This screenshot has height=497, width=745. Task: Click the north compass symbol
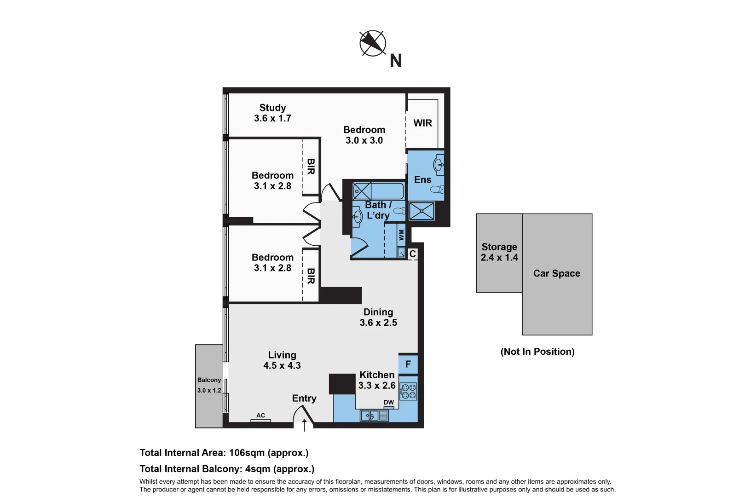click(x=372, y=43)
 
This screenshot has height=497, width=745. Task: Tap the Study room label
click(x=272, y=108)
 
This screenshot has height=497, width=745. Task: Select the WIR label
click(x=422, y=123)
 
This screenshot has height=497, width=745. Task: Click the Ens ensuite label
click(x=422, y=180)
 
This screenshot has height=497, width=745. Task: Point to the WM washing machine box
click(x=401, y=235)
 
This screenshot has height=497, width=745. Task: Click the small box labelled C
click(x=413, y=254)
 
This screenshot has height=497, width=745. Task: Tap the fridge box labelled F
click(x=408, y=364)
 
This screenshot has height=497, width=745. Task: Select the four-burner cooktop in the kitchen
click(x=408, y=392)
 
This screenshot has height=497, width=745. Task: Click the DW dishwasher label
click(x=389, y=402)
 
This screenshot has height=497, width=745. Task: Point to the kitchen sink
click(x=370, y=416)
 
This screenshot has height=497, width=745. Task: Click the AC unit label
click(x=260, y=416)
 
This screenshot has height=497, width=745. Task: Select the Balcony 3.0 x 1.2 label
click(x=209, y=385)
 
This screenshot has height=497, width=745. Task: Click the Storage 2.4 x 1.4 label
click(x=499, y=252)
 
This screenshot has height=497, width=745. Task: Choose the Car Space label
click(x=556, y=273)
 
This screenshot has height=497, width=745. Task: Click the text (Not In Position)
click(x=537, y=352)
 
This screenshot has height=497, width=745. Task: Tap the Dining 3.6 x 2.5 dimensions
click(x=378, y=323)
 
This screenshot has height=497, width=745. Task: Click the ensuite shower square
click(x=422, y=211)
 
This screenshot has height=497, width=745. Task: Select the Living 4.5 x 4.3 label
click(x=282, y=360)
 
